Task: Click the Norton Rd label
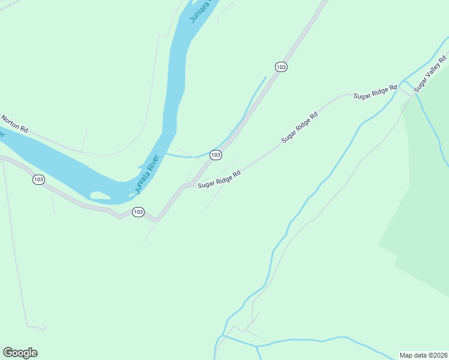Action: click(14, 124)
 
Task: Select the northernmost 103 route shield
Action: click(281, 67)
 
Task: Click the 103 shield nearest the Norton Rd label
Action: click(38, 179)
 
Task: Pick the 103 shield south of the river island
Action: click(138, 212)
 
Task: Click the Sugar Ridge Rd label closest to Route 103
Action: click(219, 178)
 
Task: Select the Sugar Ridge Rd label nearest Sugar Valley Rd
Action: click(375, 92)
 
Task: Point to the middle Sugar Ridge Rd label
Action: click(299, 127)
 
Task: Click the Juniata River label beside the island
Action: click(146, 175)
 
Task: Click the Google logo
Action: click(20, 353)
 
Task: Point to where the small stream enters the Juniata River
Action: click(166, 154)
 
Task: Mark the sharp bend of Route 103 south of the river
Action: click(156, 220)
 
